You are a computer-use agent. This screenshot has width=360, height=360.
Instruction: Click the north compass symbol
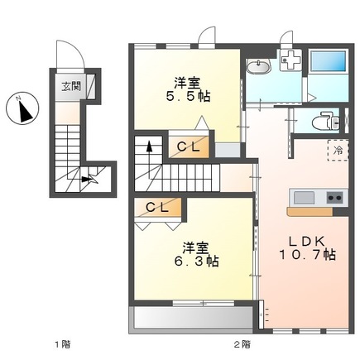click(22, 108)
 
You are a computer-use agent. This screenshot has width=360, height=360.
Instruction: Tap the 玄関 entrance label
click(71, 87)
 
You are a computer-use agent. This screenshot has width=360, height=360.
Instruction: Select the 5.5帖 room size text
click(188, 97)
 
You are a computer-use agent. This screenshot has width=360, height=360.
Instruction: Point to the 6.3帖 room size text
click(196, 262)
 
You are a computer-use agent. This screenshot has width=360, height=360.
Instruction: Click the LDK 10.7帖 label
click(308, 248)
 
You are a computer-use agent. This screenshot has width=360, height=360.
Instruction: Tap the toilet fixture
click(325, 120)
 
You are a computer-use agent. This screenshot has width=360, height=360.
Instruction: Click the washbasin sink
click(258, 66)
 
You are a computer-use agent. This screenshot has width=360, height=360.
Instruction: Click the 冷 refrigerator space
click(338, 151)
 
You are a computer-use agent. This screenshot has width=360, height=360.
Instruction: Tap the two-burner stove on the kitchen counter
click(334, 198)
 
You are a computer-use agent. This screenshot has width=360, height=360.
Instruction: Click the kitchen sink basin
click(304, 198)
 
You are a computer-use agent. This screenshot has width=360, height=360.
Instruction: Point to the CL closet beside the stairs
click(189, 146)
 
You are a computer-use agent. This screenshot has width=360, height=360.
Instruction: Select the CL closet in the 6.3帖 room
click(157, 207)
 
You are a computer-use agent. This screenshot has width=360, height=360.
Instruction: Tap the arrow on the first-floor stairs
click(87, 179)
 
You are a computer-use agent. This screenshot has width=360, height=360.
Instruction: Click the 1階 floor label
click(62, 344)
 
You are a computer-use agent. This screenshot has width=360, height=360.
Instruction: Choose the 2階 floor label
click(242, 344)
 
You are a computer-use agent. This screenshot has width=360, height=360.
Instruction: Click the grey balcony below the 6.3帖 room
click(193, 317)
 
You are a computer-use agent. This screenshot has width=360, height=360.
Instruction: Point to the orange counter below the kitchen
click(310, 211)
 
